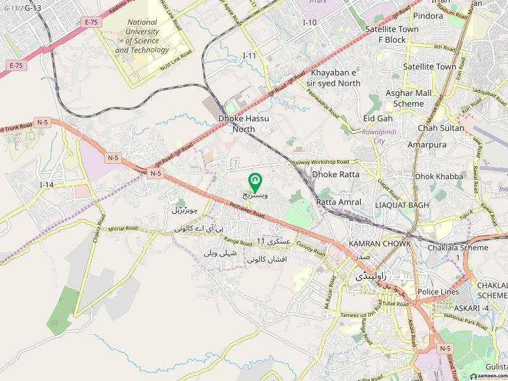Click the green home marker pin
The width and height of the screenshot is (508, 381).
click(255, 183)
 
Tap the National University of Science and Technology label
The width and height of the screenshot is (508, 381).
click(142, 36)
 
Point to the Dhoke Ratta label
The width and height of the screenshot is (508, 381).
click(335, 174)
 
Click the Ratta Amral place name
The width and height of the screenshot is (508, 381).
click(338, 202)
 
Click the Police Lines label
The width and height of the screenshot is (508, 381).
click(438, 291)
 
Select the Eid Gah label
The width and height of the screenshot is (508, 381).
click(377, 118)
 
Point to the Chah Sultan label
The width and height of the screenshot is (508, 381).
click(441, 128)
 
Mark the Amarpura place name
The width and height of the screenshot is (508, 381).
click(444, 145)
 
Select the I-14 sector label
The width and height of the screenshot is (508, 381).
click(47, 184)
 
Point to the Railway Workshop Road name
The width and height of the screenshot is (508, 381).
click(321, 163)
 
